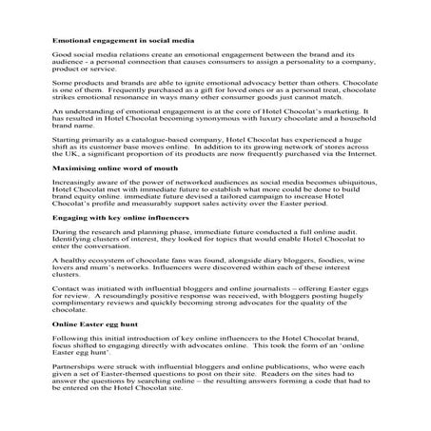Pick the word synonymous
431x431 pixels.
(229, 147)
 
